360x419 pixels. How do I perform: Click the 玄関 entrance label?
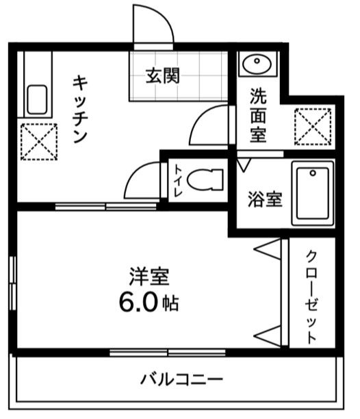pyautogui.click(x=162, y=75)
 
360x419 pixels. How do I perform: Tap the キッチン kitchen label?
pyautogui.click(x=80, y=109)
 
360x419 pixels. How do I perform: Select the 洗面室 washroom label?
pyautogui.click(x=258, y=114)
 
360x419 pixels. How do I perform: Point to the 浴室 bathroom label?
pyautogui.click(x=264, y=200)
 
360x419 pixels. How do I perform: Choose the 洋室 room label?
pyautogui.click(x=149, y=278)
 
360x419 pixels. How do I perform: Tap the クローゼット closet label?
pyautogui.click(x=311, y=296)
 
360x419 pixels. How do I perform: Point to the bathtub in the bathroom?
pyautogui.click(x=313, y=194)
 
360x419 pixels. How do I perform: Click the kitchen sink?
pyautogui.click(x=36, y=100)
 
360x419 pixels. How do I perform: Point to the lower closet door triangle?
pyautogui.click(x=268, y=335)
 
